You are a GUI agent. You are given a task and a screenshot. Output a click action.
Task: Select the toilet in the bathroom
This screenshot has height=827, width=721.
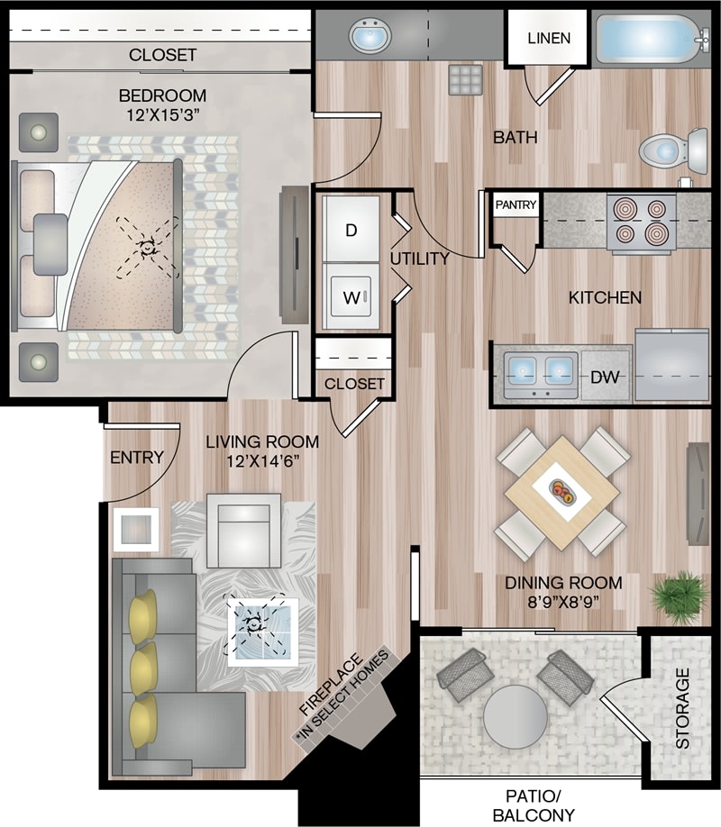coord(671,149)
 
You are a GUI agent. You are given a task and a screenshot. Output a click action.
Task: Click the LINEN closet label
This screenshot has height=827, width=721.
coord(548,38)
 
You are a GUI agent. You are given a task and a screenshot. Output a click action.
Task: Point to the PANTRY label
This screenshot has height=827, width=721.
coord(516,205)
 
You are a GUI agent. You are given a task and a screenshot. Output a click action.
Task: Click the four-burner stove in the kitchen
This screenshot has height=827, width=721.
coord(641,222)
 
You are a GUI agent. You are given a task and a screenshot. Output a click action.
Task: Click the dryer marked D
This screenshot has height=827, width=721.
coord(351,229)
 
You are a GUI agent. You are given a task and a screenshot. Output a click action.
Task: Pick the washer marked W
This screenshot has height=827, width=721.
coord(351,295)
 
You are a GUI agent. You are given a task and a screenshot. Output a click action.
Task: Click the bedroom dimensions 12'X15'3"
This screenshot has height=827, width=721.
coord(163,114)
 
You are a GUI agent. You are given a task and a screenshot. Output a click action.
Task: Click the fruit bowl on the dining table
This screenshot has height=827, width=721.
coord(563,492)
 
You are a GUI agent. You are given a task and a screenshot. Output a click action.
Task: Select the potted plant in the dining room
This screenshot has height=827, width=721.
coord(679,595)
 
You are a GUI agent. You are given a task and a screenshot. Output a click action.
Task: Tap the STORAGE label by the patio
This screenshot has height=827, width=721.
coord(682,708)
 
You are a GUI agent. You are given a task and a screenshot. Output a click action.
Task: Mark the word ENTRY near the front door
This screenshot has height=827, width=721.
coord(136,458)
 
